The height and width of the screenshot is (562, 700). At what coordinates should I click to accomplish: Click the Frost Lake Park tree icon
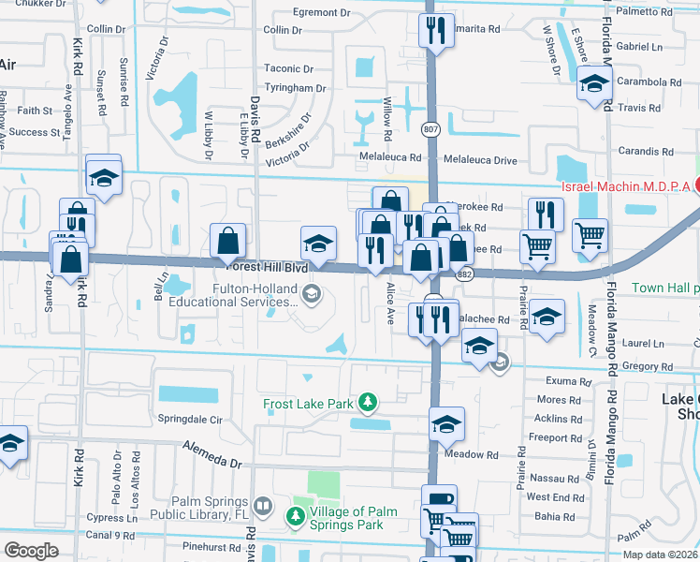pyautogui.click(x=369, y=403)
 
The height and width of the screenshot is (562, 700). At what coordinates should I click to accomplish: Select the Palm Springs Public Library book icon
pyautogui.click(x=265, y=509)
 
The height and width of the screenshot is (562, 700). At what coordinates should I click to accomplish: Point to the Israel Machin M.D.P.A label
pyautogui.click(x=625, y=186)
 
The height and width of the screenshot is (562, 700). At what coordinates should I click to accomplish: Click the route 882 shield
pyautogui.click(x=464, y=274)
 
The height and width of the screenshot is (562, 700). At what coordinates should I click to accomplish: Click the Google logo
pyautogui.click(x=31, y=550)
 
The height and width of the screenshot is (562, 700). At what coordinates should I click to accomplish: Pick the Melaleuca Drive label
pyautogui.click(x=480, y=160)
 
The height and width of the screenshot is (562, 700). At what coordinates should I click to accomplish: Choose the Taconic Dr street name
pyautogui.click(x=288, y=68)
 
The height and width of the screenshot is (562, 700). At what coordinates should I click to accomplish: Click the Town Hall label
pyautogui.click(x=664, y=288)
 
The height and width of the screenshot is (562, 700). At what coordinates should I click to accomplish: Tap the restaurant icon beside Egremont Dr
pyautogui.click(x=436, y=31)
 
